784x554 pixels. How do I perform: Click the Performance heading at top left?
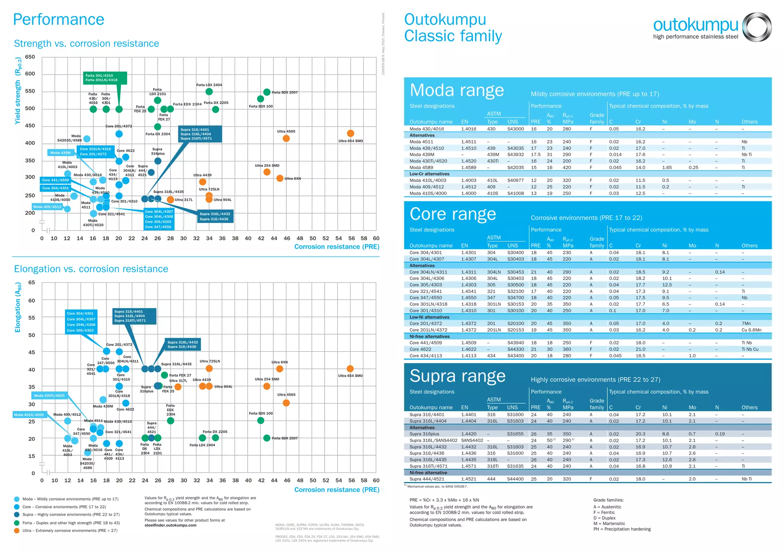tap(59, 20)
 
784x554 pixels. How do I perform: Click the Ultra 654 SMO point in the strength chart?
tap(350, 133)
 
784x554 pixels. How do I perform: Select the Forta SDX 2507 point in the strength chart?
tap(267, 92)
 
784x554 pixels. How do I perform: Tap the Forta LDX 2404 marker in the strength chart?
tap(209, 91)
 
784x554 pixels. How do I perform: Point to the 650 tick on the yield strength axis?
tap(30, 57)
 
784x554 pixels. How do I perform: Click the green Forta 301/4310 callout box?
tap(105, 78)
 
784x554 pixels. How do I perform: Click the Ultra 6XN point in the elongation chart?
tap(279, 369)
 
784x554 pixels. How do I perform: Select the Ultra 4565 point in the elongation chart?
tap(286, 403)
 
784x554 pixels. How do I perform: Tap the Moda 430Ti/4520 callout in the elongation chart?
tap(49, 396)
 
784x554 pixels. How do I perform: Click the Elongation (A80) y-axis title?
tap(18, 307)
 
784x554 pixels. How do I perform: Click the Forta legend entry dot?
tap(17, 523)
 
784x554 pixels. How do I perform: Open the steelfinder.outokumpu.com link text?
tap(170, 525)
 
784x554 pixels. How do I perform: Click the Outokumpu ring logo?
tap(757, 26)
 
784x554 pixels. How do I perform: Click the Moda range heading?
tap(457, 90)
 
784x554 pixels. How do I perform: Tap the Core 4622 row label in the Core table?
tap(420, 349)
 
